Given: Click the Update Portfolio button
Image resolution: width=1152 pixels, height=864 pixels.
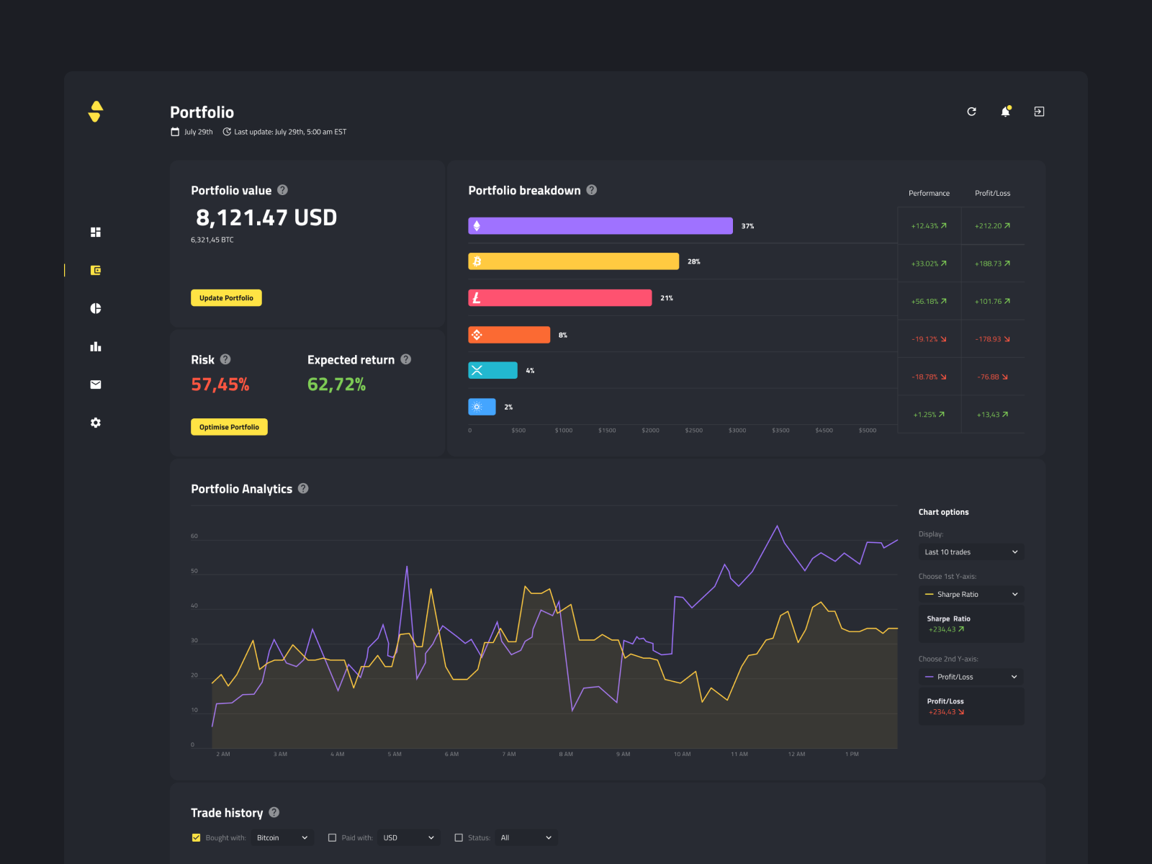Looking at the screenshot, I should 226,298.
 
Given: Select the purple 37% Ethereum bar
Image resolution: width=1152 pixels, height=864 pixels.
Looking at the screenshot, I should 600,226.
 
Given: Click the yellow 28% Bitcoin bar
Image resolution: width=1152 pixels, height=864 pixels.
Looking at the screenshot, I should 573,261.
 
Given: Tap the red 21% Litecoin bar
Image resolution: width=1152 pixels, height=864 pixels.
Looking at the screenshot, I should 559,298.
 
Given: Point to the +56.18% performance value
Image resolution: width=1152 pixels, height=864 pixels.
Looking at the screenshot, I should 928,302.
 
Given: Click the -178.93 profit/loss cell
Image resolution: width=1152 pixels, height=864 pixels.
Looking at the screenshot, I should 992,339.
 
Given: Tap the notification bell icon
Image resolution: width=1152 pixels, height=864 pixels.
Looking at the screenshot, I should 1005,112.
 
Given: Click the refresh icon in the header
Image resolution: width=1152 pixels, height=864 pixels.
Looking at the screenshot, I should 971,112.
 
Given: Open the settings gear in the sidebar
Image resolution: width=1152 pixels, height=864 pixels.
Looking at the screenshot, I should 96,423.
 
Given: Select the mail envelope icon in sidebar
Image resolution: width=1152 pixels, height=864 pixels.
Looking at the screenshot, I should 96,384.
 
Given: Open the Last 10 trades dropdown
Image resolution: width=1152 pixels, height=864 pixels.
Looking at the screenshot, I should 971,552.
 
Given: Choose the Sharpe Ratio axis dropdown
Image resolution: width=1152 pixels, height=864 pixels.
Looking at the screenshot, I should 971,595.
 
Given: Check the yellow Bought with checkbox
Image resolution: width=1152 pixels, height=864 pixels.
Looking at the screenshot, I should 196,837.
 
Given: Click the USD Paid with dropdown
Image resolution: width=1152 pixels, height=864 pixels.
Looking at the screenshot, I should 408,837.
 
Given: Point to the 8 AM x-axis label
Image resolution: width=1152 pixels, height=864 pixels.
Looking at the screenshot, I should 566,755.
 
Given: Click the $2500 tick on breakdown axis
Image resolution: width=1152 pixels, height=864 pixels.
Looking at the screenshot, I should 693,431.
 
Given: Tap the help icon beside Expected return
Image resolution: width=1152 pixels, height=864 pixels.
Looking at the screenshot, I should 406,359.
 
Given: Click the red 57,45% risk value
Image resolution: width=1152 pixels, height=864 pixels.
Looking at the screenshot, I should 220,384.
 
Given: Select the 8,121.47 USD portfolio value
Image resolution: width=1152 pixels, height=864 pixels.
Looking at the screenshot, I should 266,217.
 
